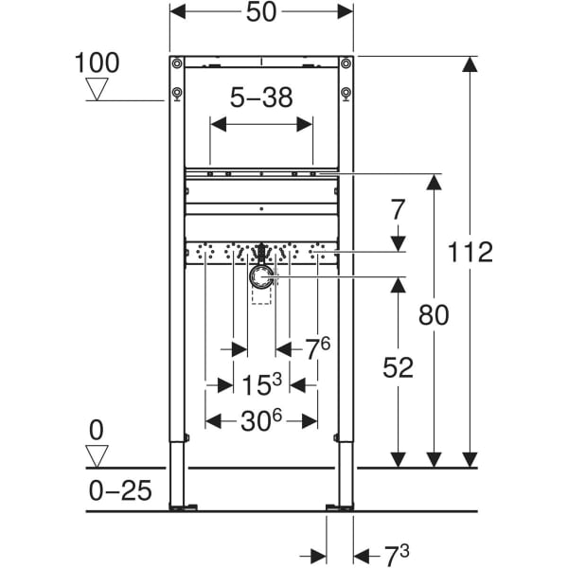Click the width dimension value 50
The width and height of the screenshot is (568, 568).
261,14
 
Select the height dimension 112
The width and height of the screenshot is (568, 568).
471,253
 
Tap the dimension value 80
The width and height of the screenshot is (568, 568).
434,315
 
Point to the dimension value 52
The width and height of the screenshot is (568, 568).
399,367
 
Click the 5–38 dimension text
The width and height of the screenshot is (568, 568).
261,97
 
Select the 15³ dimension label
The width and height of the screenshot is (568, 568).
261,385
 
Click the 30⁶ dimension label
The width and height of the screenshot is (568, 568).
261,421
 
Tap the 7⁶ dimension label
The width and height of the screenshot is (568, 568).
317,348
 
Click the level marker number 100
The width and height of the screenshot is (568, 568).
98,63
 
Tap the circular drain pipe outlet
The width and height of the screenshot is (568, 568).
262,277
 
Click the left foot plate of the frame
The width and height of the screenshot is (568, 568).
184,507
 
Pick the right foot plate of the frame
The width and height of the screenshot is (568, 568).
339,507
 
